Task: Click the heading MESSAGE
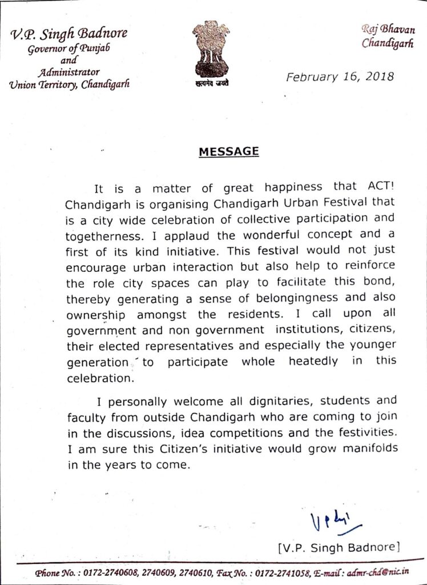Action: pyautogui.click(x=228, y=152)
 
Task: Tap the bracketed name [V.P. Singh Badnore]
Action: pyautogui.click(x=336, y=547)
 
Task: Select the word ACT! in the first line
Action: pyautogui.click(x=377, y=186)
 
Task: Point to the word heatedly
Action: pyautogui.click(x=313, y=362)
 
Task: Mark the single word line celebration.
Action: pyautogui.click(x=101, y=378)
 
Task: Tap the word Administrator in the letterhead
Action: pyautogui.click(x=69, y=73)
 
